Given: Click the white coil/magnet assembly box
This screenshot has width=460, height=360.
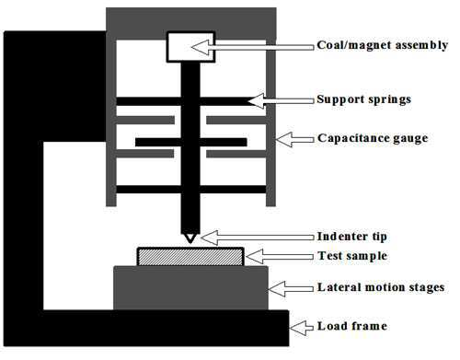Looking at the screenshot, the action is [x=190, y=47].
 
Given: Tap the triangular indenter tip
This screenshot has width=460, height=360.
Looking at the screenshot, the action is [x=190, y=238].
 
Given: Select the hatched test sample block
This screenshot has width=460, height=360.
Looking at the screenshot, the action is [x=190, y=257].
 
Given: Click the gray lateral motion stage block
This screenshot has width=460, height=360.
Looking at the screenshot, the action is [x=190, y=288].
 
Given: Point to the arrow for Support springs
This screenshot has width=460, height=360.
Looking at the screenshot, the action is [x=281, y=100].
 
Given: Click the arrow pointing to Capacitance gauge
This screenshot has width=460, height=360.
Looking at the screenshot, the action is [x=294, y=140].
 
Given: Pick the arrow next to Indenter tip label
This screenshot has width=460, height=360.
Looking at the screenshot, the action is [x=257, y=238].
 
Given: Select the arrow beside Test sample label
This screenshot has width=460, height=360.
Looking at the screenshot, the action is [x=280, y=256].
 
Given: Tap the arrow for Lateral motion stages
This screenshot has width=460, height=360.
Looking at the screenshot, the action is [x=291, y=288].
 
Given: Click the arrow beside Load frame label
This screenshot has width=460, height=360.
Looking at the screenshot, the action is [x=302, y=328].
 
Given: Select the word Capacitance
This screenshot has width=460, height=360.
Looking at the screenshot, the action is [x=353, y=138].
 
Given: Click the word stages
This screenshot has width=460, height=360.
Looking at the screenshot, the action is [x=425, y=288].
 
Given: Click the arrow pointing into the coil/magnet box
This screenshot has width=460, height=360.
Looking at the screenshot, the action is [x=252, y=47].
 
